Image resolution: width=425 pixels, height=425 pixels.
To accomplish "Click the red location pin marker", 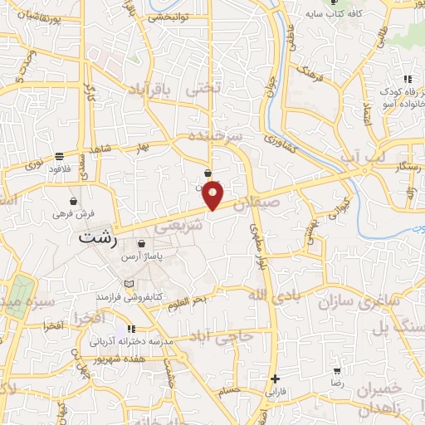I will click(x=213, y=194).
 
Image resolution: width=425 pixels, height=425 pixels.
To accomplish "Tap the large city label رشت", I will click(x=99, y=237).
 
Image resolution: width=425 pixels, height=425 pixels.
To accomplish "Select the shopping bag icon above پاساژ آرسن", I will click(x=140, y=244).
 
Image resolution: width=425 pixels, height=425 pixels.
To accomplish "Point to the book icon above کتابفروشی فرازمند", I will click(x=128, y=284).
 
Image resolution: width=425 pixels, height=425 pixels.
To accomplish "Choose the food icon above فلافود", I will click(x=59, y=155).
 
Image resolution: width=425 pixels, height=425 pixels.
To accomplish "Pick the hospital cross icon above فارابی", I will click(x=275, y=379).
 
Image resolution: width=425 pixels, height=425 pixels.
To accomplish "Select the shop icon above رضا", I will click(x=337, y=371).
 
